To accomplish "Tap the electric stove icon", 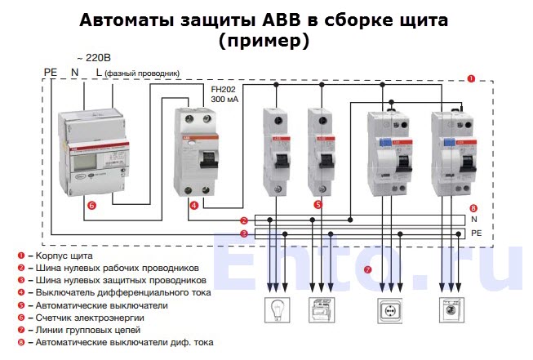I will pos(321,311).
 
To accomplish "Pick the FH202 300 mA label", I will pos(224,93).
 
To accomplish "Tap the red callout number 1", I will pos(471,78).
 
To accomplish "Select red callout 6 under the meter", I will pos(91,206).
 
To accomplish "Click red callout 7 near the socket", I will pos(367,270).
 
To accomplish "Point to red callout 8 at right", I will pos(473,208).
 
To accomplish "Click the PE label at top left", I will pos(50,73).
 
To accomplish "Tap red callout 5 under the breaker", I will pos(318,205).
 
